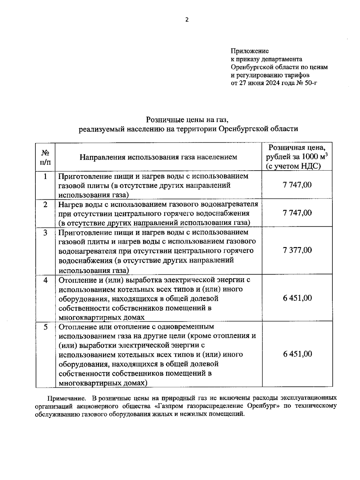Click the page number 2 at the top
pos(187,20)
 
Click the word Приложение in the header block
pos(250,51)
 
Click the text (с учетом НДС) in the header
pos(293,166)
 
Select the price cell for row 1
pos(297,185)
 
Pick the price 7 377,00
pos(297,250)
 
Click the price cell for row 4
pos(297,298)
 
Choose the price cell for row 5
pos(297,354)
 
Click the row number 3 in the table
pos(45,233)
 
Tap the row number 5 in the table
pos(45,327)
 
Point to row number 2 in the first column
pos(45,205)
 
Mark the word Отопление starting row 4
pos(76,280)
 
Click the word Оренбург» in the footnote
pos(262,406)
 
